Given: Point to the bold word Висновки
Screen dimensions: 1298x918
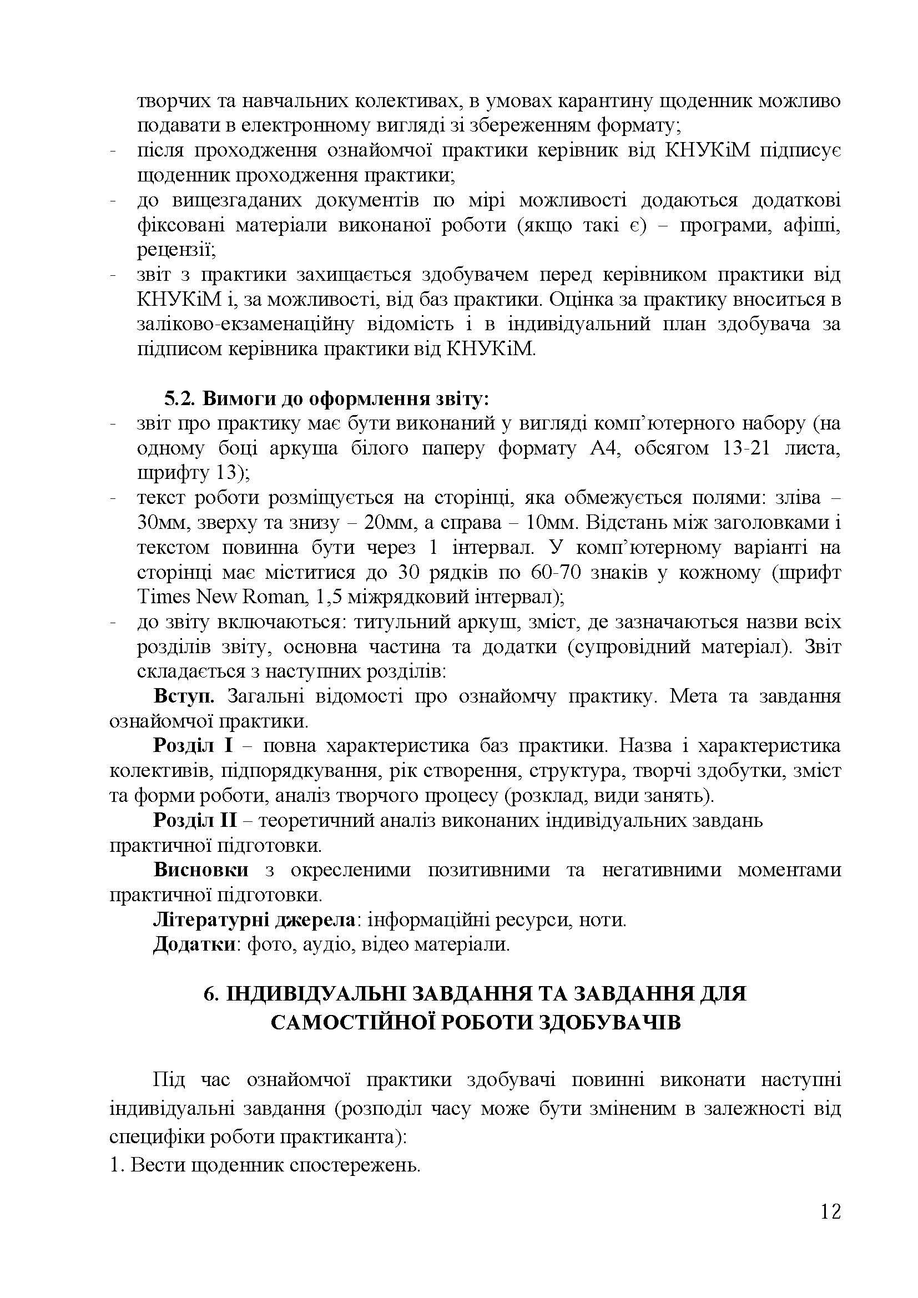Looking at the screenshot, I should pyautogui.click(x=201, y=870).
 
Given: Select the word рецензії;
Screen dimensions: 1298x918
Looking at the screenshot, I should pyautogui.click(x=175, y=250).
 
